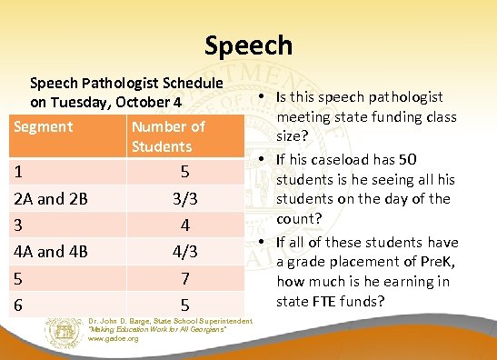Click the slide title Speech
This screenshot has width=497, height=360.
248,44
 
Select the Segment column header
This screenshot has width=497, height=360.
43,126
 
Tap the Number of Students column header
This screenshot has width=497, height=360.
168,136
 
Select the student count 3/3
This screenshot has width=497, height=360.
184,197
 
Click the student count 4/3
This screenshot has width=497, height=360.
184,250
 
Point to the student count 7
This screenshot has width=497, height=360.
184,276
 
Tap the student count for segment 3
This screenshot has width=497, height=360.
184,224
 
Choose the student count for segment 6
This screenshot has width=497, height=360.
184,304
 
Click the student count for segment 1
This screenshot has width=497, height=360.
184,171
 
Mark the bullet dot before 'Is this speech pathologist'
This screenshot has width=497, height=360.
260,98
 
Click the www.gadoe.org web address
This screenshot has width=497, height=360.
114,339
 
